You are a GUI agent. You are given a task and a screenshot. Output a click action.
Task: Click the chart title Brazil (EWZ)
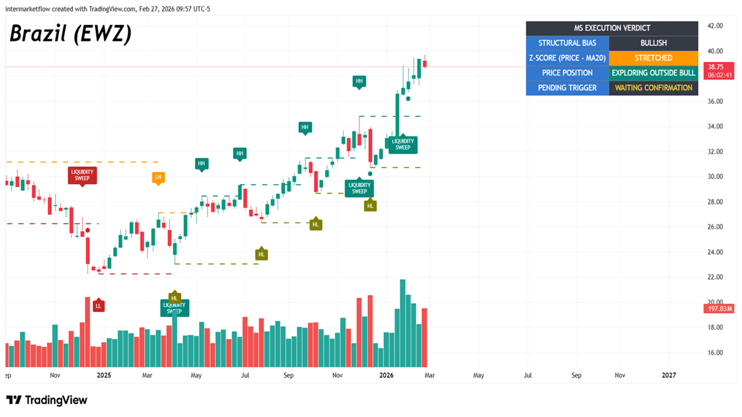point(70,35)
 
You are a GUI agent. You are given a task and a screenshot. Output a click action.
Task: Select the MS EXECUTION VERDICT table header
point(612,28)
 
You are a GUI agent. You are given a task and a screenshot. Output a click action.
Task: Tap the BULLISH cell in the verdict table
point(653,43)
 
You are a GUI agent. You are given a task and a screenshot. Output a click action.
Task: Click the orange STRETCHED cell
point(653,58)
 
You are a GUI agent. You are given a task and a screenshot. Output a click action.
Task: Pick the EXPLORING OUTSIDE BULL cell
point(653,73)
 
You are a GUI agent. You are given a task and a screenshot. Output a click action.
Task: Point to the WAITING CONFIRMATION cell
point(653,88)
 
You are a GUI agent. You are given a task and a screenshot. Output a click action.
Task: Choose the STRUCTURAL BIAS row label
point(567,43)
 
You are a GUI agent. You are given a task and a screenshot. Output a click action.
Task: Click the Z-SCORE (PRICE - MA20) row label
point(567,58)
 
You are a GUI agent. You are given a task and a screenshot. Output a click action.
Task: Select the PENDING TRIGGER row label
point(567,88)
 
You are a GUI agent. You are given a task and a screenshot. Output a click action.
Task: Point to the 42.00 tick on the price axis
point(715,26)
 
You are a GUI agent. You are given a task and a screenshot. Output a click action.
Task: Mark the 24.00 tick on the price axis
point(715,252)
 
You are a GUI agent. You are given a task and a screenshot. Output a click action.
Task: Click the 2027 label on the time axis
point(668,375)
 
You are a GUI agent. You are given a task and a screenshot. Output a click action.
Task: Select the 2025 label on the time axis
point(103,375)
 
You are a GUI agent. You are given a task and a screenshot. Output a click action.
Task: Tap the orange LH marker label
point(158,177)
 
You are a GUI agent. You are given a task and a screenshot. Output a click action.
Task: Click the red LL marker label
point(98,305)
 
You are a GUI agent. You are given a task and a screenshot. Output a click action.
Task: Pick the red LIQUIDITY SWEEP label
point(83,175)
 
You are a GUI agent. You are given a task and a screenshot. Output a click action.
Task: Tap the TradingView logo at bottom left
point(47,400)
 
